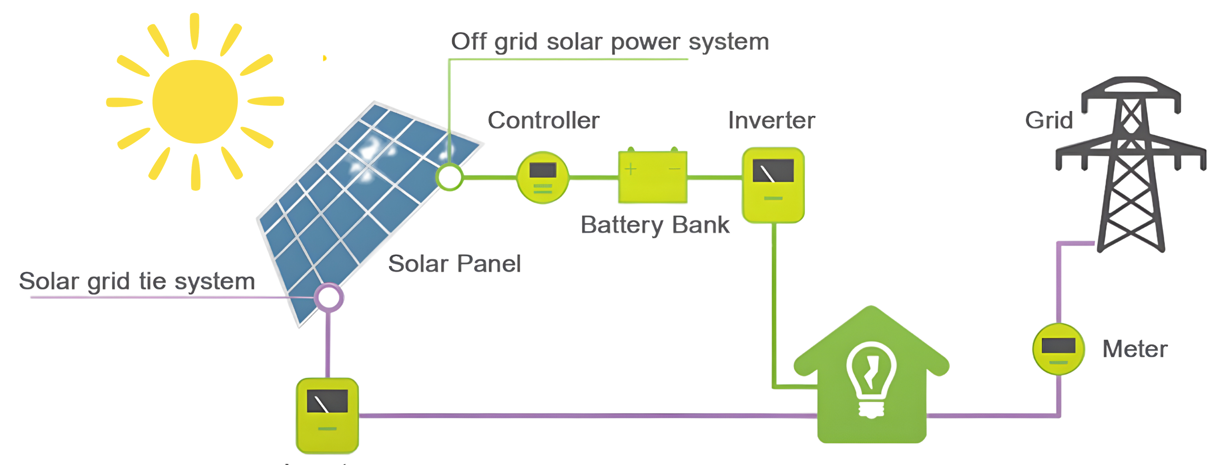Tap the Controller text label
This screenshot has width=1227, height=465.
pos(543,121)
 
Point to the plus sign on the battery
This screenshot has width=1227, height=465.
pos(631,169)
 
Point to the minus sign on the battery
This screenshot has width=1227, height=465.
pos(675,169)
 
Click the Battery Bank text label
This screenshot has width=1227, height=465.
pos(655,225)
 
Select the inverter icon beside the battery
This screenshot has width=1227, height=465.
pos(773,185)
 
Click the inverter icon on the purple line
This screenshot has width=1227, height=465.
pos(327,415)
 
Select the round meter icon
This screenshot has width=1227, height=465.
pos(1059,349)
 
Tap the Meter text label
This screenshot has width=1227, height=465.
pos(1135,349)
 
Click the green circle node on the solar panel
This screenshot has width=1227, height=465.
pos(449,177)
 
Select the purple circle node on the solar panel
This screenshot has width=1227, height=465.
pos(329,298)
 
